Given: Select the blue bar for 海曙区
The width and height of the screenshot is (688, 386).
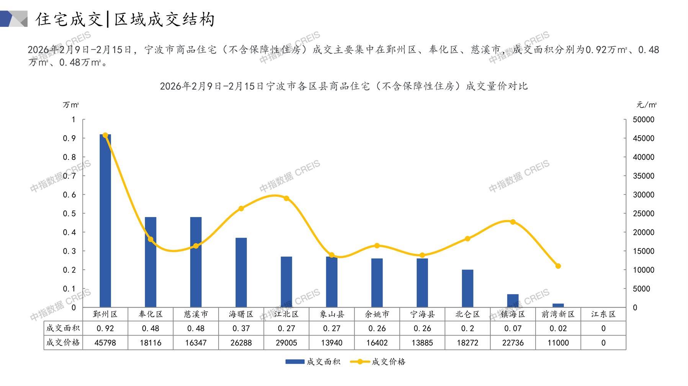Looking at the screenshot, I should tap(241, 272).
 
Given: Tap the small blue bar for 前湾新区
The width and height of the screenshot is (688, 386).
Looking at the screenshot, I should tap(558, 305).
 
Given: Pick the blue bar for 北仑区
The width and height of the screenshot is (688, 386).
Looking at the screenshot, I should tap(467, 289).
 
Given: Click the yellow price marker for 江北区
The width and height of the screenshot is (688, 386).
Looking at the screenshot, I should tap(286, 198).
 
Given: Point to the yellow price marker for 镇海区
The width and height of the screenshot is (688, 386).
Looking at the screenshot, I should tap(513, 222).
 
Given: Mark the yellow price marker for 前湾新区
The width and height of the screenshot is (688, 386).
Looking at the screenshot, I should tap(558, 266).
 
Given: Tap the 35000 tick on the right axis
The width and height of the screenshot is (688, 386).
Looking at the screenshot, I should tap(644, 176).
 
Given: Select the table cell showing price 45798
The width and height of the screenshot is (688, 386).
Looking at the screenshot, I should tap(105, 343).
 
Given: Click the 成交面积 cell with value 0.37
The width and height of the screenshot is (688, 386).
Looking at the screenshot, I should tap(241, 328).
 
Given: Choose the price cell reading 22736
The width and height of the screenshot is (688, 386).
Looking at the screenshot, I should tap(513, 343).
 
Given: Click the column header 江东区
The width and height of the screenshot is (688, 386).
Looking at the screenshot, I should tap(603, 314).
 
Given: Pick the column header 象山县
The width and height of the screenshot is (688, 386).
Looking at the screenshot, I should tap(332, 314).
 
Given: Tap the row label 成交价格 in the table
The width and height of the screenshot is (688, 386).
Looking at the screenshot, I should tap(63, 343).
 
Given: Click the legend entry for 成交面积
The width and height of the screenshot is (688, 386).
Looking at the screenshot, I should tap(313, 362).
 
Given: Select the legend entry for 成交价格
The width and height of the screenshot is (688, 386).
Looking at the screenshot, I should tap(378, 362).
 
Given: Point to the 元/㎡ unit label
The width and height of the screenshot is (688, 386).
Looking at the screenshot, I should tap(647, 105).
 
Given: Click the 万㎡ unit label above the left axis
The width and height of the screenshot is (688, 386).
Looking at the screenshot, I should tap(71, 105).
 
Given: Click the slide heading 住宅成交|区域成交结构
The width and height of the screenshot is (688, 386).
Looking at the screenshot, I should tap(125, 19).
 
